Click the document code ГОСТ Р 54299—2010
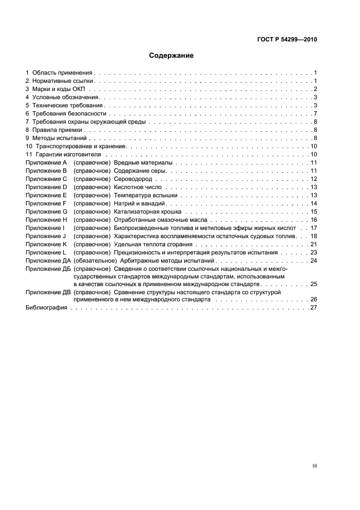click(287, 40)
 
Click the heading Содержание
click(172, 56)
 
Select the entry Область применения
click(63, 72)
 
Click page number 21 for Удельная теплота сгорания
click(314, 244)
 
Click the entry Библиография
click(46, 307)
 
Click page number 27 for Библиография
click(314, 307)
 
